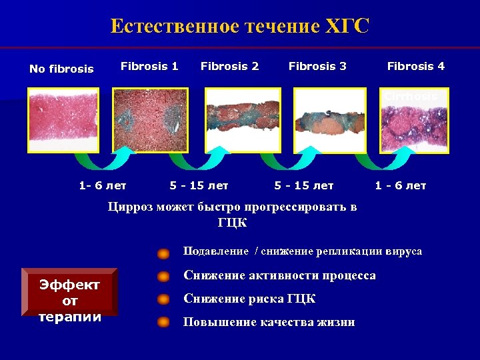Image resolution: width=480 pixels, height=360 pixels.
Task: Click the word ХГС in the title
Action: tap(347, 27)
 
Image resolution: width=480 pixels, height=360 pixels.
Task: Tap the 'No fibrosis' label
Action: tap(61, 69)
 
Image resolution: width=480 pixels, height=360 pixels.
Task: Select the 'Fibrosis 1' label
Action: tap(149, 66)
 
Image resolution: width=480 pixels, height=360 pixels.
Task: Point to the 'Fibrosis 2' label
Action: tap(229, 66)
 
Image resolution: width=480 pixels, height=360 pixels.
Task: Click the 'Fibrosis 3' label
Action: tap(317, 66)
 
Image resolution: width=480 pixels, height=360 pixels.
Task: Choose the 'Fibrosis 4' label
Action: tap(416, 66)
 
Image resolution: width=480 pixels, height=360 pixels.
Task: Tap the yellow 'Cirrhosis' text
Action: tap(411, 96)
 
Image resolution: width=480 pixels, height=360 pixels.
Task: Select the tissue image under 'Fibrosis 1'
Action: tap(150, 121)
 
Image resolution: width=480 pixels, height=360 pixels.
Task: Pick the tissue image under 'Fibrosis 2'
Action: tap(243, 121)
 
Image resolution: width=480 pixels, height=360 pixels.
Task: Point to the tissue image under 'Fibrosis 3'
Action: tap(330, 121)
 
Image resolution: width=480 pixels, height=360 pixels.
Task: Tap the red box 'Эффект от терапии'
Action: tap(69, 292)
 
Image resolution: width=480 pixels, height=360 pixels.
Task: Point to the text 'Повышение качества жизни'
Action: tap(269, 322)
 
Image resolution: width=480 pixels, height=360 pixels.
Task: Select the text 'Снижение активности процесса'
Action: tap(279, 275)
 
